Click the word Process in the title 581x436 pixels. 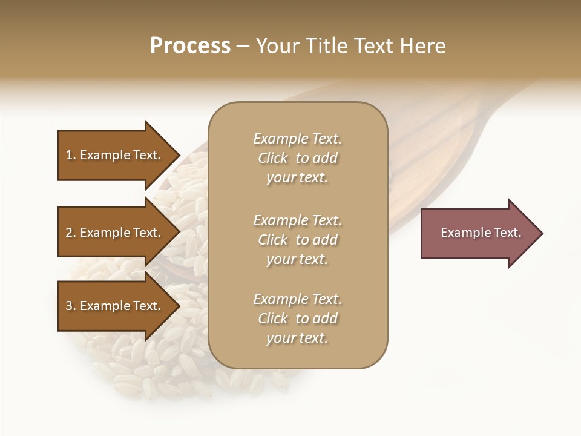tap(190, 46)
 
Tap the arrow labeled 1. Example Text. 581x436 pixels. tap(115, 155)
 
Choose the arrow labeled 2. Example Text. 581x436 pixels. tap(115, 233)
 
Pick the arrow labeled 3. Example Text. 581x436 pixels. tap(115, 306)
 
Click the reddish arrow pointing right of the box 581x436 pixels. tap(478, 233)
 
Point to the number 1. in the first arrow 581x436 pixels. tap(71, 155)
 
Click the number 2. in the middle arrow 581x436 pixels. tap(71, 233)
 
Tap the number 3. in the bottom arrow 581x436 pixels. tap(71, 306)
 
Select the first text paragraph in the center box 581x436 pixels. tap(297, 158)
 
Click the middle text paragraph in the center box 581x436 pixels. tap(297, 240)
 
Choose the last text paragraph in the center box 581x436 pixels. tap(297, 319)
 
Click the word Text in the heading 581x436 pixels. tap(372, 46)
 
